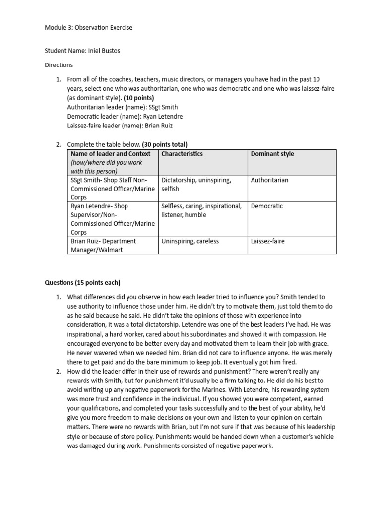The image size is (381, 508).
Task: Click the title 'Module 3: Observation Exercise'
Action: pyautogui.click(x=89, y=28)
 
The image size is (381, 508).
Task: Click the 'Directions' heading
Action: pyautogui.click(x=59, y=65)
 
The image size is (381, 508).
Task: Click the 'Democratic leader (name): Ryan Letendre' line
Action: pyautogui.click(x=125, y=116)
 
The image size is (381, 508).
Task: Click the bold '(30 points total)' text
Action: pyautogui.click(x=165, y=145)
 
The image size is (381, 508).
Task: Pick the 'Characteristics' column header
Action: pyautogui.click(x=182, y=154)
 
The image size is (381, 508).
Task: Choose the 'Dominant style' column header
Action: pyautogui.click(x=272, y=154)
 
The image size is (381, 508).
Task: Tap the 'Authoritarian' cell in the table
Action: pyautogui.click(x=269, y=180)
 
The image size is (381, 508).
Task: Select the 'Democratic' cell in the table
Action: pyautogui.click(x=267, y=206)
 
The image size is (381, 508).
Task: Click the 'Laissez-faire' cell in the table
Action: pyautogui.click(x=268, y=241)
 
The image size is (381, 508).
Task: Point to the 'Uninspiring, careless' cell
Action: pyautogui.click(x=190, y=241)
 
